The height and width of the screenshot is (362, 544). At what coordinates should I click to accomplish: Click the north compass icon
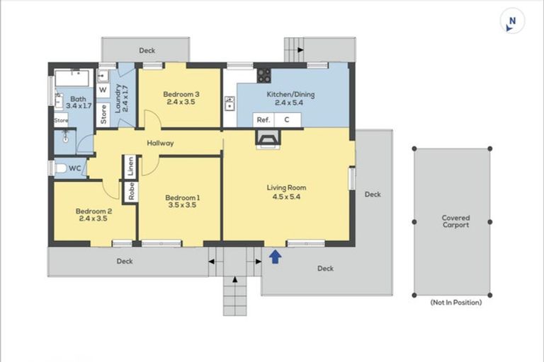click(512, 21)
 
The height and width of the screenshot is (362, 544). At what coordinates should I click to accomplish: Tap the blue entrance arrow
click(276, 257)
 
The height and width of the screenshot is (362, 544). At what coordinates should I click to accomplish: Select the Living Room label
click(286, 192)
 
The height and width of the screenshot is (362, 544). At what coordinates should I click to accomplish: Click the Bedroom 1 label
click(182, 202)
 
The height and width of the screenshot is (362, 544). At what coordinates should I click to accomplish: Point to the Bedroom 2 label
click(93, 215)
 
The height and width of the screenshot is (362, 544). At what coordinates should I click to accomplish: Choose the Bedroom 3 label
click(181, 98)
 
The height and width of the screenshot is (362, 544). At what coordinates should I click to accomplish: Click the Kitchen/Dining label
click(290, 98)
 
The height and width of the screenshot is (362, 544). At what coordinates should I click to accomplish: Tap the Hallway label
click(160, 143)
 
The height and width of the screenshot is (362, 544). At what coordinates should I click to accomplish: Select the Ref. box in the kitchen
click(263, 120)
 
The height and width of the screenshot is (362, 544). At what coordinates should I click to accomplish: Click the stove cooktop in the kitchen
click(263, 76)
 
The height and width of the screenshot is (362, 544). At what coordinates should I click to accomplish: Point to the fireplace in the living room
click(268, 139)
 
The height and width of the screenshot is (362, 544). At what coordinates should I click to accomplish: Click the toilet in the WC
click(61, 169)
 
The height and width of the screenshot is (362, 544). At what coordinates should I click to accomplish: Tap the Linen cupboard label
click(131, 166)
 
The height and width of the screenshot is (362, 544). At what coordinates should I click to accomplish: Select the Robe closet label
click(132, 191)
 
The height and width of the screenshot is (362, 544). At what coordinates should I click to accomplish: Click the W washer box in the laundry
click(103, 90)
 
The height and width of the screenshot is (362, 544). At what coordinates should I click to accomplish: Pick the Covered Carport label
click(455, 221)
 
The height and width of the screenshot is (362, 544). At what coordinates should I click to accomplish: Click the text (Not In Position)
click(456, 303)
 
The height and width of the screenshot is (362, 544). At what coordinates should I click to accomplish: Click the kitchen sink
click(229, 103)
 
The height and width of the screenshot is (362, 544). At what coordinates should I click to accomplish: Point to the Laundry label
click(122, 98)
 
